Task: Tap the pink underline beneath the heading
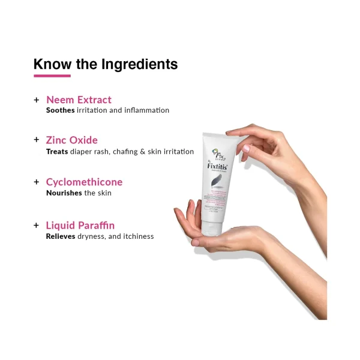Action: pyautogui.click(x=52, y=76)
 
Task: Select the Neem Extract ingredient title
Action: pyautogui.click(x=79, y=100)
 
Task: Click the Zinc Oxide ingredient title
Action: pyautogui.click(x=71, y=140)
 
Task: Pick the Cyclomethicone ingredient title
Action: pyautogui.click(x=84, y=182)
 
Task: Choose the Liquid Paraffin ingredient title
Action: pyautogui.click(x=80, y=225)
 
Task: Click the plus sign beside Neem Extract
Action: pyautogui.click(x=37, y=100)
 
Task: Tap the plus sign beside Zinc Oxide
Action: pyautogui.click(x=37, y=140)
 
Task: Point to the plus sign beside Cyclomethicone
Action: pyautogui.click(x=37, y=182)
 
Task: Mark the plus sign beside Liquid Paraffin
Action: pyautogui.click(x=37, y=225)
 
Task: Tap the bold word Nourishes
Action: pyautogui.click(x=64, y=193)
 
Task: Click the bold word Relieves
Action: pyautogui.click(x=62, y=236)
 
